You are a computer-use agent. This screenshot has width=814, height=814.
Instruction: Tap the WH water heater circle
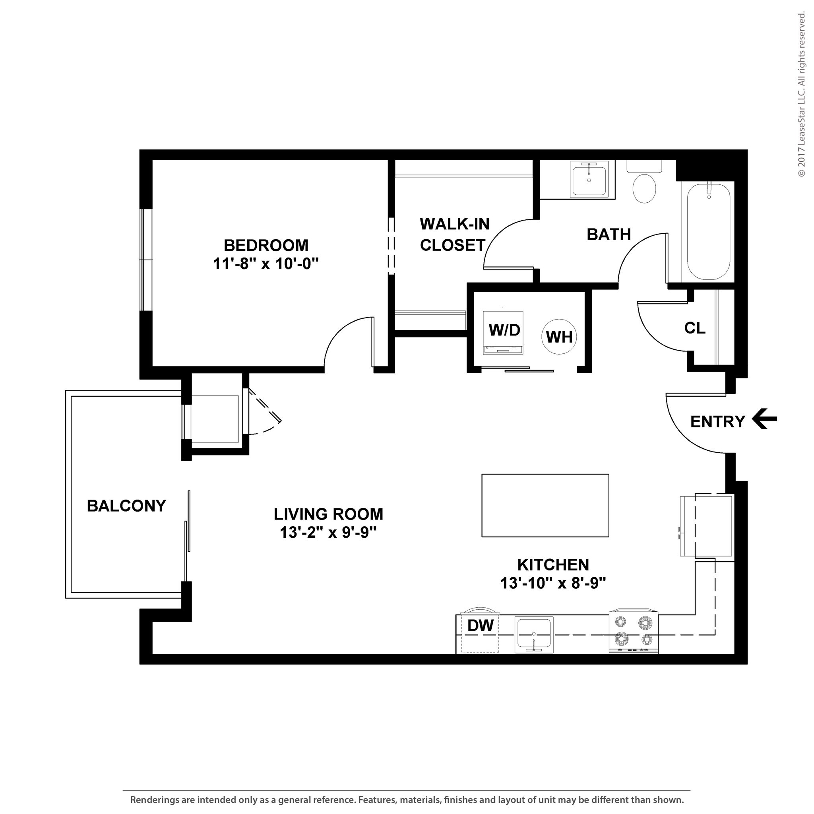tap(559, 337)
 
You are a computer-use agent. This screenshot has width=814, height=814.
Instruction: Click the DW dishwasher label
tap(480, 625)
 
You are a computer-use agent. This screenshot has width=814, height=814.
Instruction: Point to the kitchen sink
tap(534, 635)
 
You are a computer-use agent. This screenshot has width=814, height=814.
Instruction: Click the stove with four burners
tap(633, 632)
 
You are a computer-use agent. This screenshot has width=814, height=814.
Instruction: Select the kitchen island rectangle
tap(545, 505)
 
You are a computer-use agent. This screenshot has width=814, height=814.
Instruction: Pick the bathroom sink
tap(589, 179)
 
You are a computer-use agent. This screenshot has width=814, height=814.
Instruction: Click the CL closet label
tap(695, 328)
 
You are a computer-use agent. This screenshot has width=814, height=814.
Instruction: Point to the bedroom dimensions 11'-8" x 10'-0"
tap(266, 264)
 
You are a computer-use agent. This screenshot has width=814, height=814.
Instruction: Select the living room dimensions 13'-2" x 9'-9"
tap(328, 533)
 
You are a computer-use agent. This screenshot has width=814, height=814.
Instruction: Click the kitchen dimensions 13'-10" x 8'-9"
tap(553, 583)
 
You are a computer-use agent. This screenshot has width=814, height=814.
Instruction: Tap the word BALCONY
tap(126, 506)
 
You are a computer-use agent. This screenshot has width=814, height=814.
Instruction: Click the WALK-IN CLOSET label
tap(454, 234)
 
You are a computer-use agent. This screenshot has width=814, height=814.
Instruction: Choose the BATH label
tap(609, 234)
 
